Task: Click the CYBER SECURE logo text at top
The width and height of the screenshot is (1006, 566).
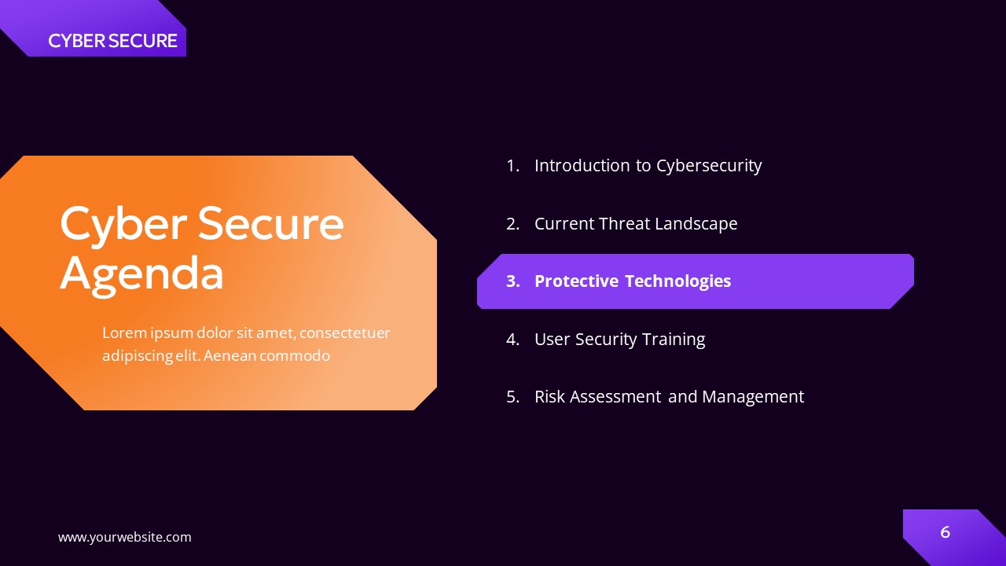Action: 112,41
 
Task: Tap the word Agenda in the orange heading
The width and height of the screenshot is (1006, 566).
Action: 141,274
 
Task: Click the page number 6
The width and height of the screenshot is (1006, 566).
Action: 945,532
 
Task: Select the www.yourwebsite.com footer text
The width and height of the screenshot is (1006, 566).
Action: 124,537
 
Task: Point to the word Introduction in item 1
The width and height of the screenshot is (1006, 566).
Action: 582,165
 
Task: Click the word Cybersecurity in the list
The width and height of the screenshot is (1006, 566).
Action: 709,165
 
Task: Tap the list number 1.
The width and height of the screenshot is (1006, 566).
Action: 512,165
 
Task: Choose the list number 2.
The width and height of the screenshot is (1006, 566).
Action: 512,223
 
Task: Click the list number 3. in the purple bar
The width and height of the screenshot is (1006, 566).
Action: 512,281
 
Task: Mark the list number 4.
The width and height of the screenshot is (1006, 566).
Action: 512,339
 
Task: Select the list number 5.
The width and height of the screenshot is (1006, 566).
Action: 512,396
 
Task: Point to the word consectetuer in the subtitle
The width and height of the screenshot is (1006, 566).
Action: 344,333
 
